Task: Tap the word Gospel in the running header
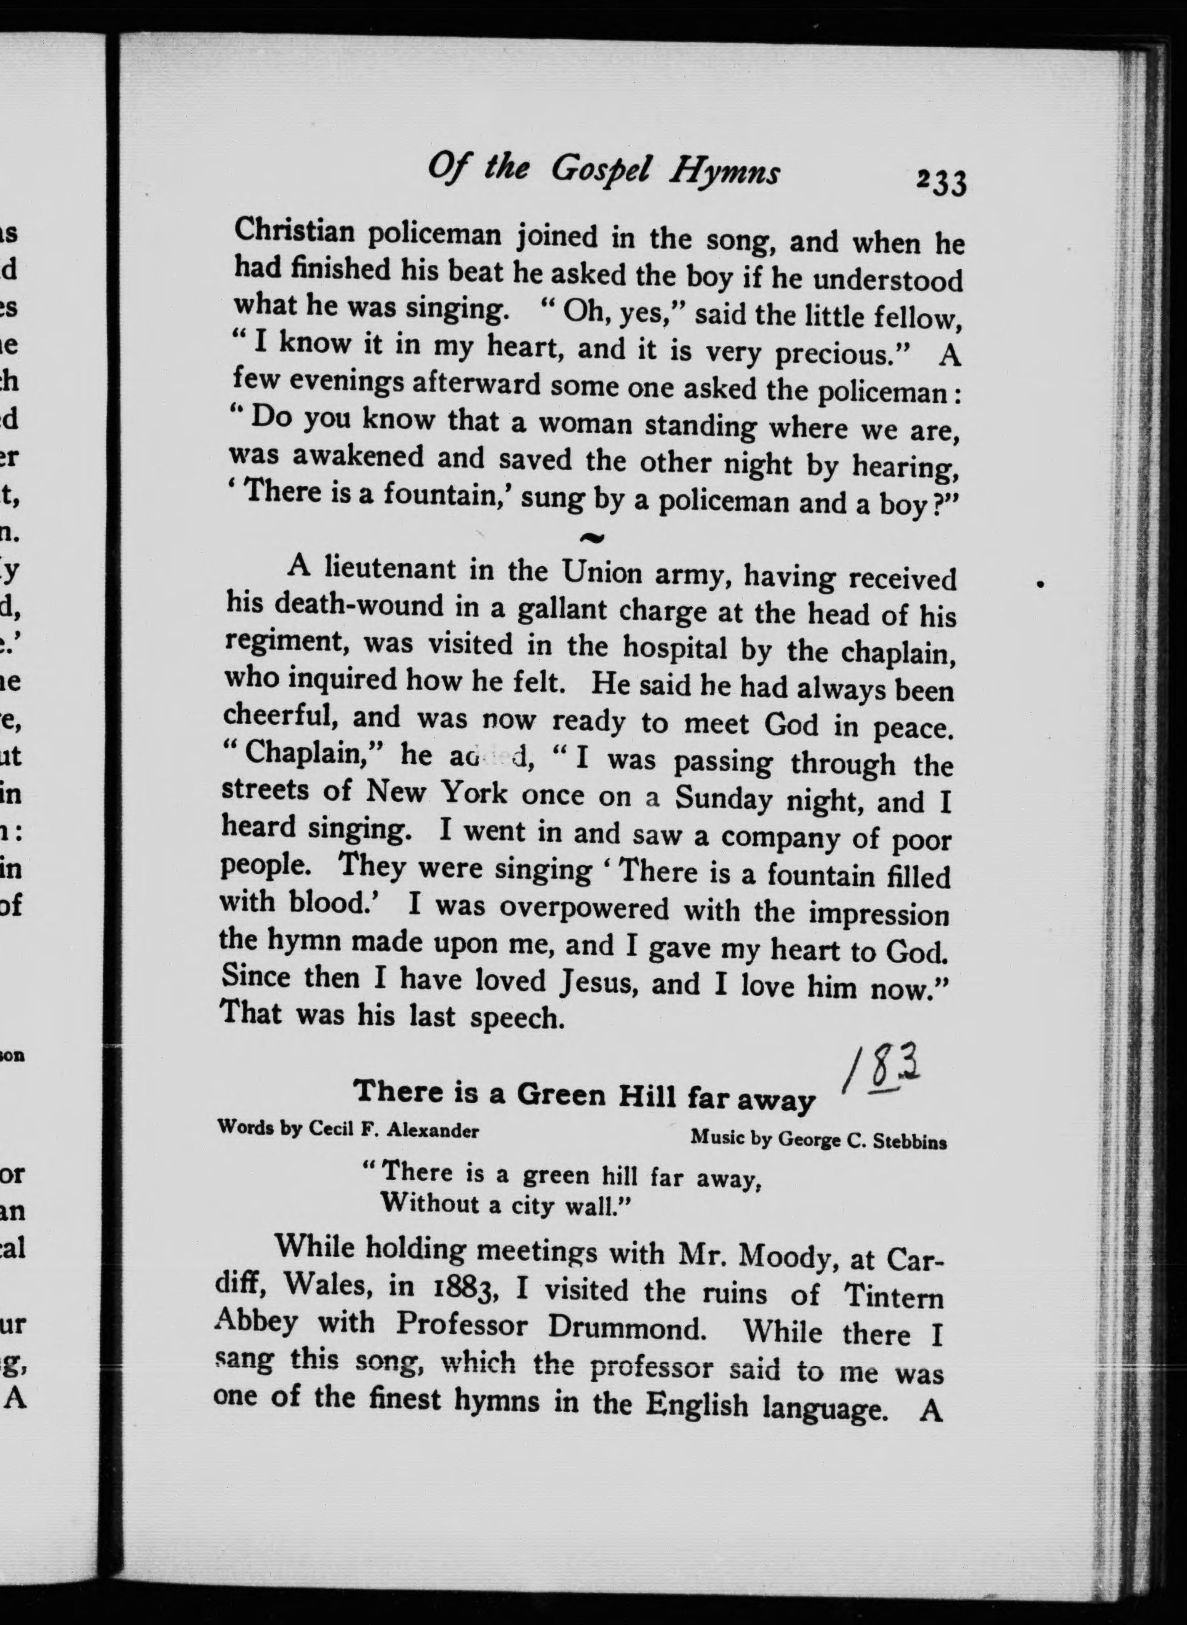[x=601, y=171]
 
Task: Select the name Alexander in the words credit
[x=433, y=1130]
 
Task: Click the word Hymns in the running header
[x=724, y=173]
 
